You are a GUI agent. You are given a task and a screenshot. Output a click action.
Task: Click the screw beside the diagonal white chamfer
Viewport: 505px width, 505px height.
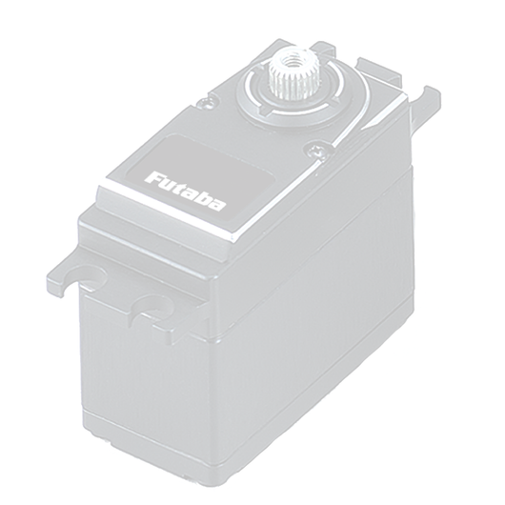coord(316,151)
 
